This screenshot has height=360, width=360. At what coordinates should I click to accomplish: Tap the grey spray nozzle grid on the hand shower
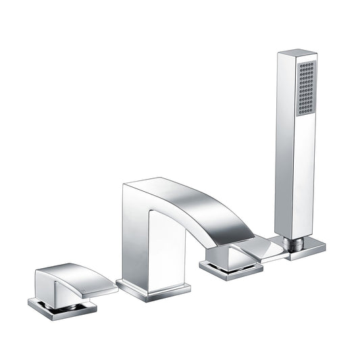coord(306,88)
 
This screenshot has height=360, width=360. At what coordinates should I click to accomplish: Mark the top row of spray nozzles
coord(306,64)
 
